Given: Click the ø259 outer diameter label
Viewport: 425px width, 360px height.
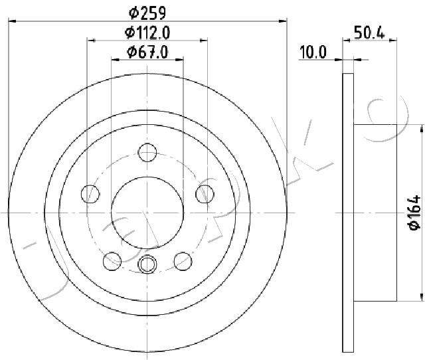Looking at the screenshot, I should point(147,11).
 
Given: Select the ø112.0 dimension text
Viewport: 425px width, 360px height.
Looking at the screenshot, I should point(147,33).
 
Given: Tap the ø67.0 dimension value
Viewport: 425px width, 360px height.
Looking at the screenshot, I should point(147,51).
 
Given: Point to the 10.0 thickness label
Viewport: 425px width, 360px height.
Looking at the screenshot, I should point(313,52).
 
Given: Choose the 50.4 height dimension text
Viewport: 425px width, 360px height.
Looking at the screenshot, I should point(369,32).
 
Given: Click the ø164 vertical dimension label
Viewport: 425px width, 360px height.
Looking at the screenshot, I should point(414,213).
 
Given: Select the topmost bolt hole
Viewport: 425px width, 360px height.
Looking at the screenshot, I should point(147,153).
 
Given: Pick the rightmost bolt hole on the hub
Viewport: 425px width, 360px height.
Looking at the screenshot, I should point(205,194).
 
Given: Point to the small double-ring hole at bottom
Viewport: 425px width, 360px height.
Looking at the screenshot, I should point(147,264).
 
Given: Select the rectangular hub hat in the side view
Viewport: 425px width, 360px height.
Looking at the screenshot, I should point(375,213).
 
